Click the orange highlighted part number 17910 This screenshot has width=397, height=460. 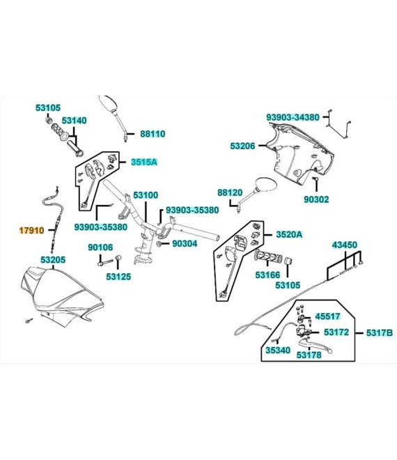pos(31,231)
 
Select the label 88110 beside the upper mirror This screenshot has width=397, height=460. pos(153,134)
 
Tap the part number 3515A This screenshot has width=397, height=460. pos(144,162)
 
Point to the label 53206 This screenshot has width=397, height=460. pos(242,146)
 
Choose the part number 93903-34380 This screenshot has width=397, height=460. pos(293,117)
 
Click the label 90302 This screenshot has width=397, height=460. pos(316,199)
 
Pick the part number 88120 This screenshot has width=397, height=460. pos(230,193)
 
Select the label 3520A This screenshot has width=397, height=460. pos(289,234)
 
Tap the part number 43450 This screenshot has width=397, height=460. pos(345,245)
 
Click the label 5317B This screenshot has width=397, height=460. pos(380,333)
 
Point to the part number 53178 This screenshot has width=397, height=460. pos(309,355)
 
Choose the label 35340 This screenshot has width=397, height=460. pos(278,350)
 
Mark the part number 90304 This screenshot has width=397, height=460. pos(185,243)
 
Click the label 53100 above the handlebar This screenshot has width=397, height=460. pos(146,195)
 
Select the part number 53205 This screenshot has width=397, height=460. pos(53,260)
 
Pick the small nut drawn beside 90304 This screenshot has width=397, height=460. pos(159,243)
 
